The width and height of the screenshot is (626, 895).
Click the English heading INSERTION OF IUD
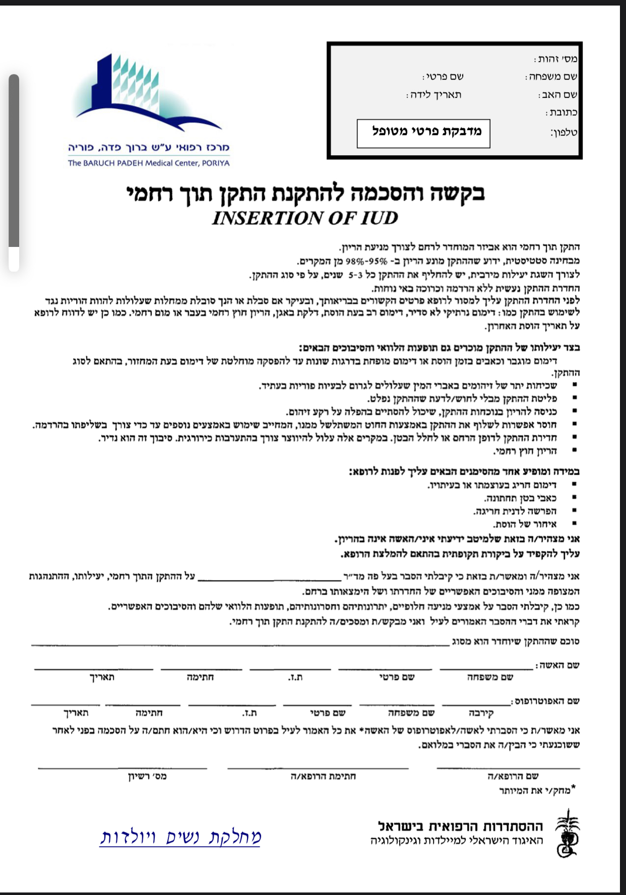pyautogui.click(x=305, y=218)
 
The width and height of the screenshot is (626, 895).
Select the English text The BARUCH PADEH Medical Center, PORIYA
pyautogui.click(x=149, y=163)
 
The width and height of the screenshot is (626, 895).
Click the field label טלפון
pyautogui.click(x=564, y=133)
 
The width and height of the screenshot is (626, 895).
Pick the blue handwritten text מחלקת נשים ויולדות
pyautogui.click(x=180, y=837)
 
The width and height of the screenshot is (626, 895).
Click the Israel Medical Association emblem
pyautogui.click(x=567, y=834)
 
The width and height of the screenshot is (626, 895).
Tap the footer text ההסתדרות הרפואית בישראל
pyautogui.click(x=460, y=826)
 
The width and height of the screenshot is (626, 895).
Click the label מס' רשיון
pyautogui.click(x=147, y=777)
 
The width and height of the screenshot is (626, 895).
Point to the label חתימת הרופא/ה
pyautogui.click(x=323, y=777)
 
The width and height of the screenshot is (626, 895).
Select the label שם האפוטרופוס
pyautogui.click(x=547, y=701)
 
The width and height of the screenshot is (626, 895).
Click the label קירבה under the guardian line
pyautogui.click(x=481, y=713)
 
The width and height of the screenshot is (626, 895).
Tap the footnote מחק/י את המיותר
pyautogui.click(x=536, y=790)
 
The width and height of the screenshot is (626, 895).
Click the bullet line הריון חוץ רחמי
pyautogui.click(x=526, y=451)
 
